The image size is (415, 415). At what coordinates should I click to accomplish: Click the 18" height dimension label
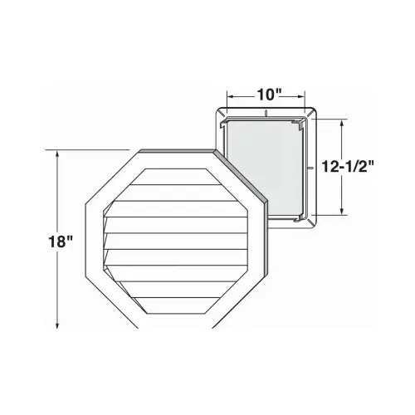click(61, 242)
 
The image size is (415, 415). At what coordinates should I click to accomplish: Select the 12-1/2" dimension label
click(348, 167)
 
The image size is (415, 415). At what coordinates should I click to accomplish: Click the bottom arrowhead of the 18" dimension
click(57, 325)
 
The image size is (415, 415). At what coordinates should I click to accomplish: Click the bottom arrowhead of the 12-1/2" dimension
click(343, 211)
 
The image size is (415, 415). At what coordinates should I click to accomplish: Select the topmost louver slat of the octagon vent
click(175, 177)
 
